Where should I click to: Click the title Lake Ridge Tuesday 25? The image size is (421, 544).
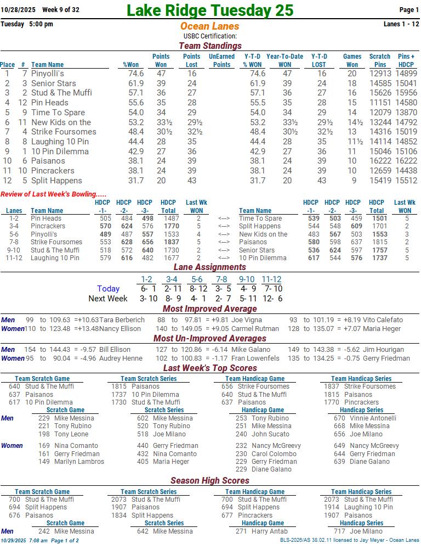point(210,10)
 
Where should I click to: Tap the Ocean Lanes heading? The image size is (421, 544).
point(209,26)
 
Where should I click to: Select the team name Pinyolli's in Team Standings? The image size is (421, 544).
point(48,74)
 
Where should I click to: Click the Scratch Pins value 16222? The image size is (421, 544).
point(380,161)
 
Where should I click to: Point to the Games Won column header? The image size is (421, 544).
point(352,60)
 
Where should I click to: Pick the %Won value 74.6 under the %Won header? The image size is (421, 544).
point(136,74)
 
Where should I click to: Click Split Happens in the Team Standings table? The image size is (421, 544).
point(56,181)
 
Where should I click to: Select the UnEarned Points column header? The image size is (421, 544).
point(221,60)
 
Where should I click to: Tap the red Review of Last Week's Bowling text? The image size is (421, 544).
point(54,194)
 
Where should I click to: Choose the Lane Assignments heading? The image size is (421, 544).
point(210,267)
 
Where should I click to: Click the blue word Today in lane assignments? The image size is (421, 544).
point(108,289)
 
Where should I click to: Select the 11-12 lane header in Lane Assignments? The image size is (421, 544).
point(271,279)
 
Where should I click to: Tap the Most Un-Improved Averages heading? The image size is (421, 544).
point(210,339)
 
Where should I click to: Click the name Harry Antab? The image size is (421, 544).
point(270,531)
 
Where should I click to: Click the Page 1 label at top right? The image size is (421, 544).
point(409,10)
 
